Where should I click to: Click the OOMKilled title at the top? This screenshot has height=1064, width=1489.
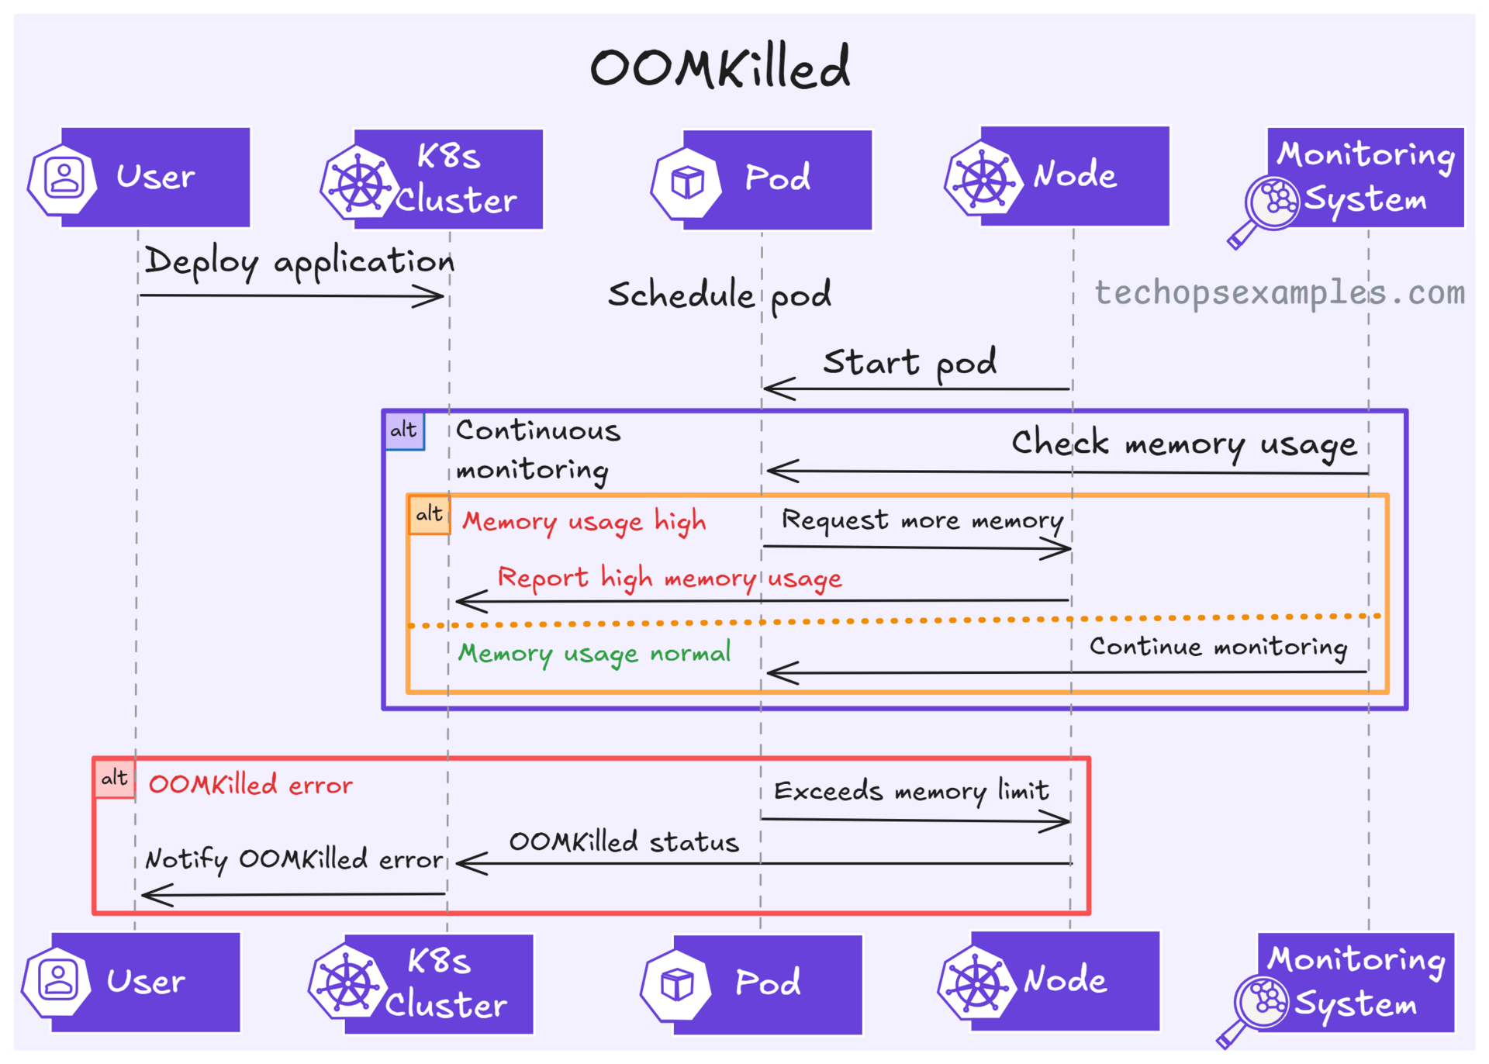coord(720,67)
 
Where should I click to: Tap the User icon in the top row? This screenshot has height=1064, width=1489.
coord(64,178)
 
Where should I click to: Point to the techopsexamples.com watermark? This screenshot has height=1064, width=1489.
coord(1280,293)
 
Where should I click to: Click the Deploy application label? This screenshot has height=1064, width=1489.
coord(299,262)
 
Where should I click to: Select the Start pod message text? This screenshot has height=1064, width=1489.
coord(910,362)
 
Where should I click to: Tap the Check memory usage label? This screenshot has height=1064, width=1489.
coord(1183,444)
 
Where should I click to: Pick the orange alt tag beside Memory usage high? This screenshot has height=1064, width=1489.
coord(429,514)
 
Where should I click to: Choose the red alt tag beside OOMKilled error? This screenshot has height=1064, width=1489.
coord(115,778)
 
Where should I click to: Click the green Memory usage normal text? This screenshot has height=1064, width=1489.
coord(594,653)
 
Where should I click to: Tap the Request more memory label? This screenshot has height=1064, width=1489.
coord(921,520)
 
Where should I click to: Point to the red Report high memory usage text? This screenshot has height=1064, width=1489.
coord(669,579)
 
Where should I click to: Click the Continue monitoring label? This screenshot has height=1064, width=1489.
coord(1218,647)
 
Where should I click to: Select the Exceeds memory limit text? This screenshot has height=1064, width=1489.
coord(911,791)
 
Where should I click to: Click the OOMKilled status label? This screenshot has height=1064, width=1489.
coord(624,842)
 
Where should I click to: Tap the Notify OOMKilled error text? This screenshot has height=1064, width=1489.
coord(294,859)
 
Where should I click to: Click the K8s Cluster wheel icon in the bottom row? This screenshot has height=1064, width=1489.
coord(347,983)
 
